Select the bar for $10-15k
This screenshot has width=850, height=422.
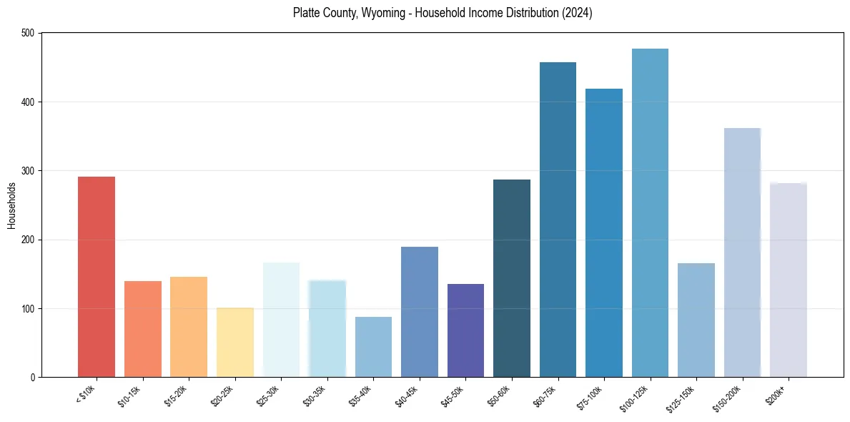[142, 329]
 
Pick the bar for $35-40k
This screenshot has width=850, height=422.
[373, 347]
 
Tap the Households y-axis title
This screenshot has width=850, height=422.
[11, 205]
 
